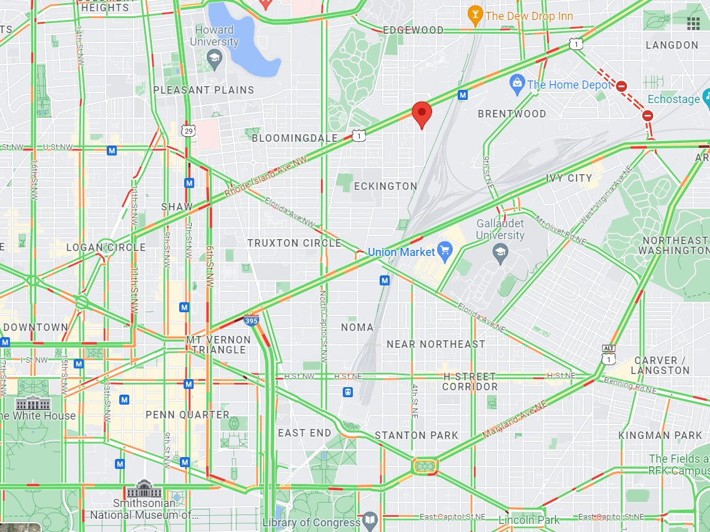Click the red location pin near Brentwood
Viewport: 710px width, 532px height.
(x=422, y=113)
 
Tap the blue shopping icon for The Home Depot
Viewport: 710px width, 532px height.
(x=516, y=84)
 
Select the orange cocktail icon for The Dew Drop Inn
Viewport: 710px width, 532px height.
(x=475, y=16)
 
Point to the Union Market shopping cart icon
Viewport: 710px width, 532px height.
(x=445, y=252)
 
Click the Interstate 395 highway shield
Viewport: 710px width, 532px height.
(x=251, y=321)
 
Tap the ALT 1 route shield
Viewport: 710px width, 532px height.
(x=608, y=355)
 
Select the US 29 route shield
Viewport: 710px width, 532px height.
(x=188, y=129)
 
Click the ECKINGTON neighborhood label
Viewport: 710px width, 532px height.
(x=385, y=186)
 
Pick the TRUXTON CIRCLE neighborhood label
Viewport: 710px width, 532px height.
(x=294, y=243)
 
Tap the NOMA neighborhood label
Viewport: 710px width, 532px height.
(x=357, y=327)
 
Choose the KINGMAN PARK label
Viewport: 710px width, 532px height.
(x=660, y=435)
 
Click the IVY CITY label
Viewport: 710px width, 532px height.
(x=569, y=178)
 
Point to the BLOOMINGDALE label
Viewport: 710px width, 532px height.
(x=295, y=138)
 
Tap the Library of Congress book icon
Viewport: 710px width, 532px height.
(x=370, y=520)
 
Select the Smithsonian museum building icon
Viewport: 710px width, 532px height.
(x=144, y=489)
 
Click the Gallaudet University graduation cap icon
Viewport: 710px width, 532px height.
(x=500, y=252)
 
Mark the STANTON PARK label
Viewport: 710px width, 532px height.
(x=417, y=435)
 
